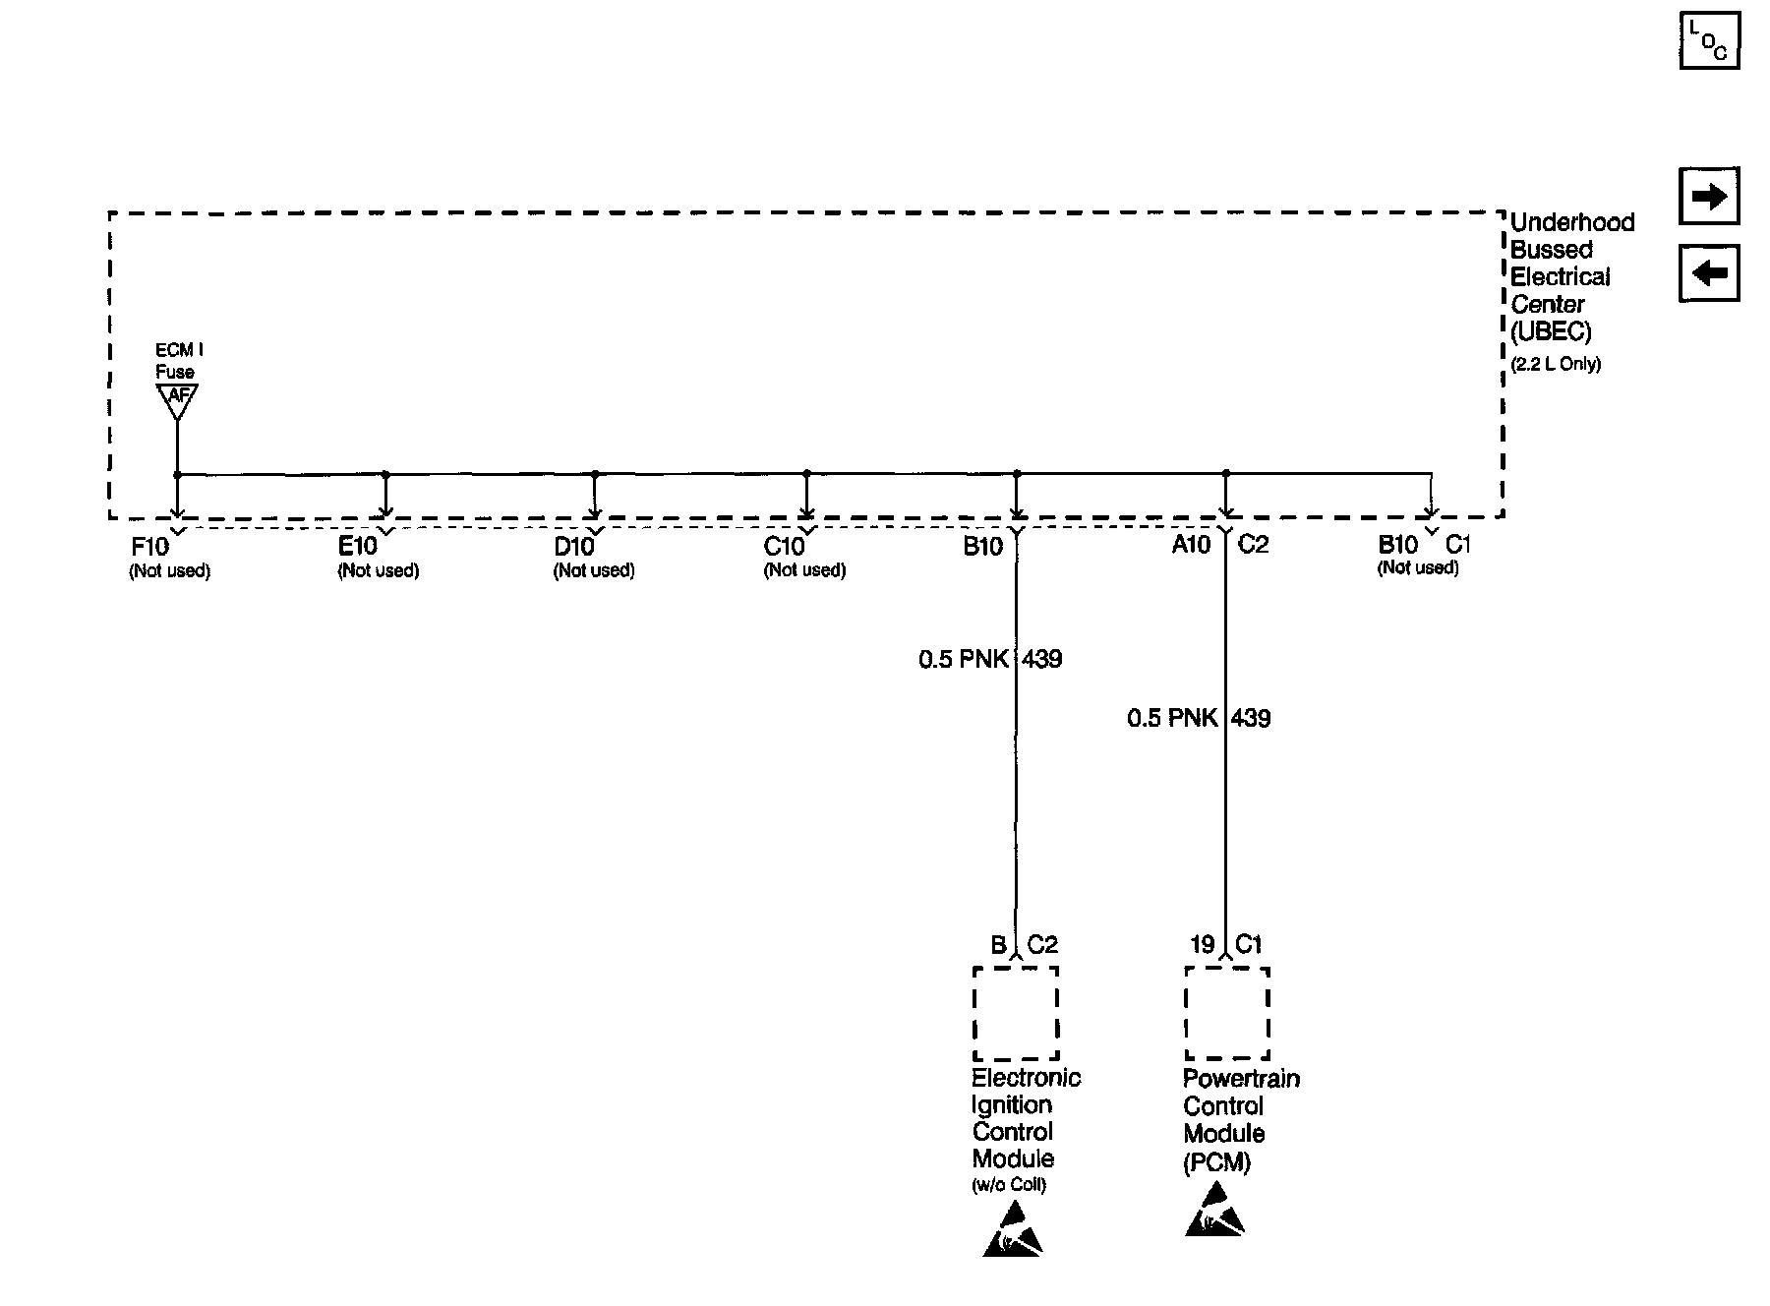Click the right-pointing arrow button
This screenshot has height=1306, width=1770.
1709,197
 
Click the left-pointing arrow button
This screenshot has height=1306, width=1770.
1709,272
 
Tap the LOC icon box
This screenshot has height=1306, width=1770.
1709,41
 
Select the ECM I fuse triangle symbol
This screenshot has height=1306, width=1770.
177,399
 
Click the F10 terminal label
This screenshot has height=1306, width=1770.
149,547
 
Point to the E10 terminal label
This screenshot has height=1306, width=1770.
358,547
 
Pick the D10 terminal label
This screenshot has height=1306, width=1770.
574,547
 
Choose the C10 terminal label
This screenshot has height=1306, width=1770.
784,547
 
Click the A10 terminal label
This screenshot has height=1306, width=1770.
1191,544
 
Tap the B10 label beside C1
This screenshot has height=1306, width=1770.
1397,544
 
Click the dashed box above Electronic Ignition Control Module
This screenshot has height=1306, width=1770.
1015,1013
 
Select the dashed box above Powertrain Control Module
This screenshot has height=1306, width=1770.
1226,1013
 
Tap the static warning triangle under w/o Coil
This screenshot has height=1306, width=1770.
1012,1232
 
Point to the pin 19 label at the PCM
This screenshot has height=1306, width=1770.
1202,945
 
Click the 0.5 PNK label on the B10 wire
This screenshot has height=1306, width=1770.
964,659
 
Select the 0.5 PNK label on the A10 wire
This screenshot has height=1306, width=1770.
1172,718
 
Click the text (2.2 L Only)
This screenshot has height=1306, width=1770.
1556,364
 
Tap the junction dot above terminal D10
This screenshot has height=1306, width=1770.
595,474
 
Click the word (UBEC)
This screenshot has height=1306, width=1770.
1551,331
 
